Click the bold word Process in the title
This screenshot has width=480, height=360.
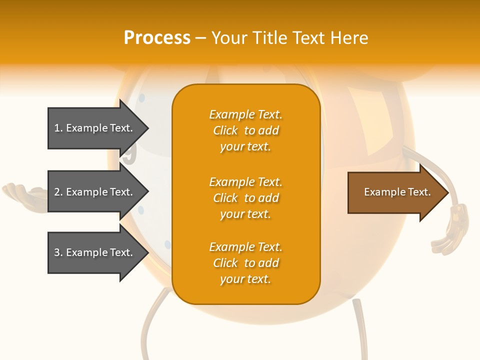click(157, 38)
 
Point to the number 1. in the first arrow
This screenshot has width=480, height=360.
click(58, 128)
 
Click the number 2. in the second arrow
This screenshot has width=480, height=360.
click(58, 192)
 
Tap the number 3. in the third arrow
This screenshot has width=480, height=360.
click(58, 252)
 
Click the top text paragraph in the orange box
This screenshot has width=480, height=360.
click(245, 130)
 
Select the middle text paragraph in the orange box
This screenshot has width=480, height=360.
click(245, 198)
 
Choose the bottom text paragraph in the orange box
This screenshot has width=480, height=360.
click(245, 263)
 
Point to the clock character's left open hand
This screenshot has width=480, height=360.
click(22, 192)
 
